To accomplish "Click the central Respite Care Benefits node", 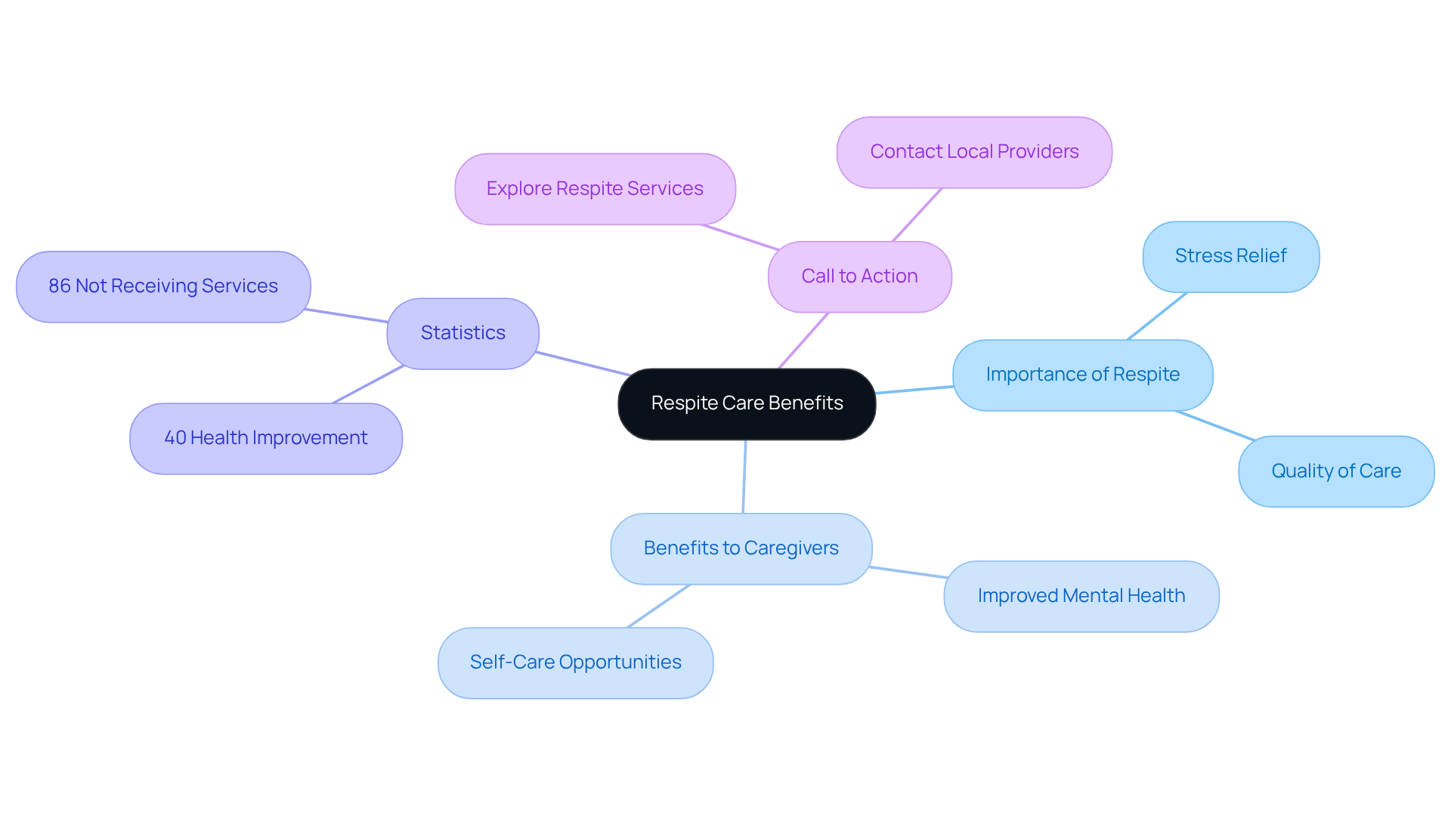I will click(x=747, y=403).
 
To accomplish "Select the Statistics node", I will click(x=463, y=333).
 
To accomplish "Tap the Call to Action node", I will click(x=859, y=276).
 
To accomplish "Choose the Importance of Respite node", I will click(x=1082, y=375).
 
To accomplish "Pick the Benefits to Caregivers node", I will click(x=741, y=548).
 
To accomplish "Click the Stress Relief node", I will click(x=1230, y=256).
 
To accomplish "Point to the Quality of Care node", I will click(x=1335, y=471).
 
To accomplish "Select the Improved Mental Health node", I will click(x=1081, y=596).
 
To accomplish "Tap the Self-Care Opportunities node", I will click(x=575, y=662).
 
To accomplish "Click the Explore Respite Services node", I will click(x=595, y=189).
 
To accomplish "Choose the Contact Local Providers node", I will click(x=974, y=152).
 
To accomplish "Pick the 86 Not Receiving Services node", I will click(x=163, y=286).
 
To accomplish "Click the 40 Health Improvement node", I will click(x=265, y=438).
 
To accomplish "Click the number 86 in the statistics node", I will click(x=59, y=286).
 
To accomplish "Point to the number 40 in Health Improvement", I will click(x=175, y=438).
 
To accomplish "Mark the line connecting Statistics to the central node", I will click(x=582, y=363).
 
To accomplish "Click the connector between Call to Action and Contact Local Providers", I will click(x=917, y=215).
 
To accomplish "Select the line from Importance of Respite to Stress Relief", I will click(x=1156, y=316).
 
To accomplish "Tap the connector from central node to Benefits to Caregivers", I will click(x=744, y=477).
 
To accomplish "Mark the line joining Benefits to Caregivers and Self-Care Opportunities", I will click(x=658, y=606).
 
